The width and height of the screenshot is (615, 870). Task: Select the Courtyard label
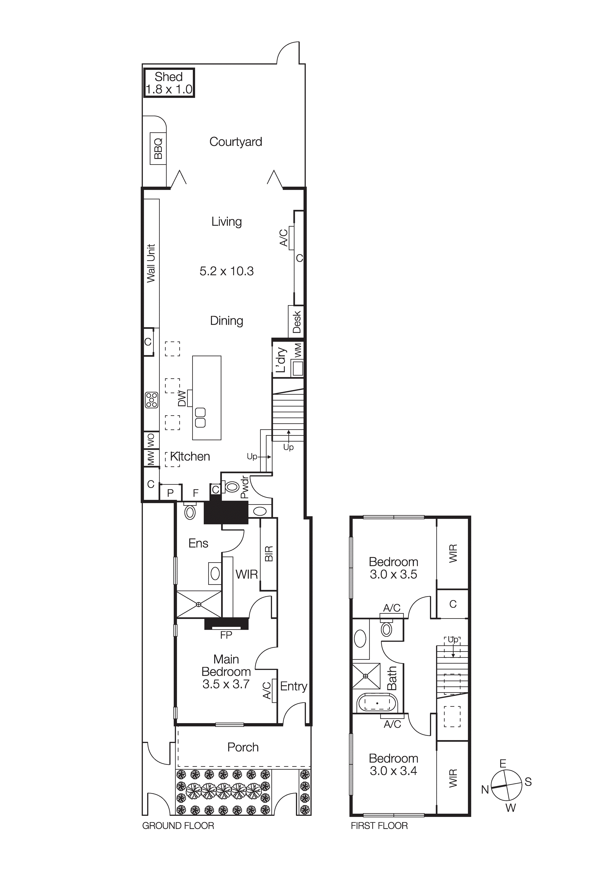click(x=236, y=142)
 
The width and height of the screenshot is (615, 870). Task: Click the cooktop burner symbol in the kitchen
click(x=152, y=400)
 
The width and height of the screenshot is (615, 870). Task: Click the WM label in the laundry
click(x=298, y=350)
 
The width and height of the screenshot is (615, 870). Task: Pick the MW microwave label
click(x=151, y=457)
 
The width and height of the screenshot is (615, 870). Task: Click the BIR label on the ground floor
click(x=269, y=554)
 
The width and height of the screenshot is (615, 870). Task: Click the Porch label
click(x=243, y=747)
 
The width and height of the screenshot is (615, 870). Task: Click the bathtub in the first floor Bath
click(x=377, y=703)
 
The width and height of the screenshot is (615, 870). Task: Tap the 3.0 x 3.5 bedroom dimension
click(x=393, y=575)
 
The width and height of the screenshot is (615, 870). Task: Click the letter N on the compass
click(x=485, y=790)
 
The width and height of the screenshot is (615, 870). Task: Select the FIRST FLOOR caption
click(x=379, y=826)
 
